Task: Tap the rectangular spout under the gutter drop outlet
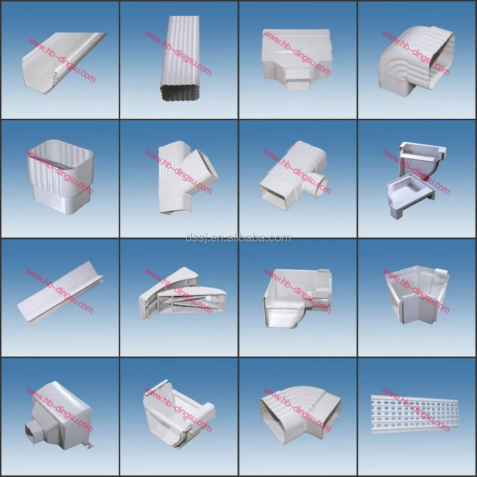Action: (x=298, y=80)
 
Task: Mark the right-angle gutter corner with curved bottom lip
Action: (x=296, y=298)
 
